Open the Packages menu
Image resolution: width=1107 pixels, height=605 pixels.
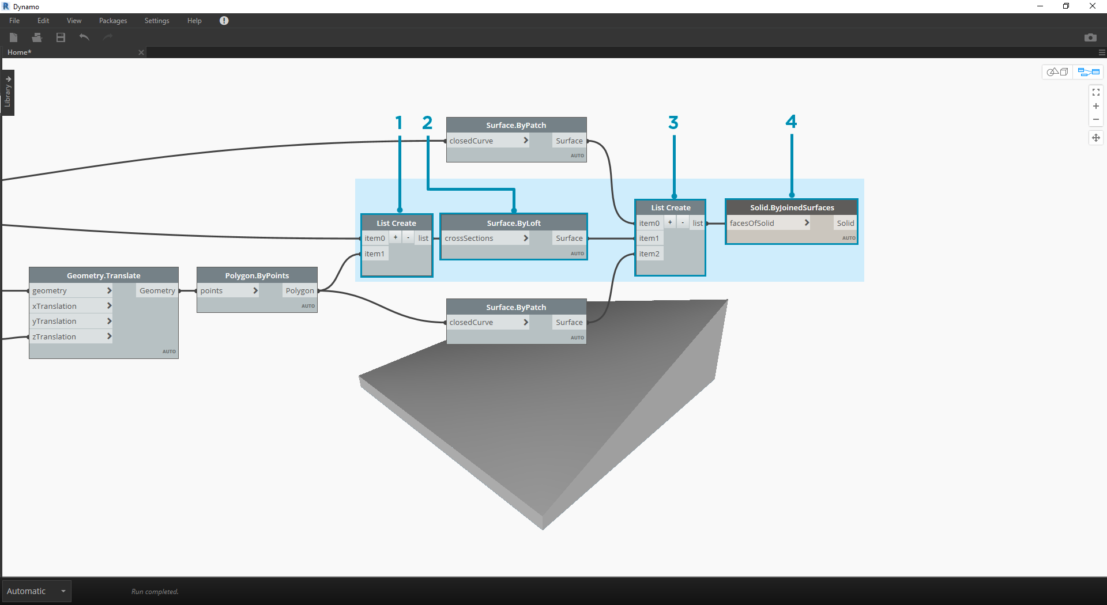[x=112, y=21]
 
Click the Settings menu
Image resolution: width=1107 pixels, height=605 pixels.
[x=156, y=21]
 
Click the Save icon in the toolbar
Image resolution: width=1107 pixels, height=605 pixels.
[x=61, y=37]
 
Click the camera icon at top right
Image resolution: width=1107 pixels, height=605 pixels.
[x=1090, y=37]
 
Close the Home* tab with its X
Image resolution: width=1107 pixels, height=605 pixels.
[x=141, y=52]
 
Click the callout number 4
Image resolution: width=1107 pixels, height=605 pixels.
[x=791, y=122]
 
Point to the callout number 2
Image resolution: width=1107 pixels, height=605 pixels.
[x=427, y=123]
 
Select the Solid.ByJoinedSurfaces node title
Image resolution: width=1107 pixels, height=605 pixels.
[x=792, y=207]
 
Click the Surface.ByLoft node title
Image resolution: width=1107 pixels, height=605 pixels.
[x=513, y=223]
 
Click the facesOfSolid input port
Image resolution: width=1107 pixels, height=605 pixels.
[x=752, y=223]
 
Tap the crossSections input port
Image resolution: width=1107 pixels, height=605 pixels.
[x=469, y=238]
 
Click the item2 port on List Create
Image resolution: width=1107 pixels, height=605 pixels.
[x=649, y=254]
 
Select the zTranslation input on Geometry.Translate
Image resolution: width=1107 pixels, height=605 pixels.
[x=54, y=336]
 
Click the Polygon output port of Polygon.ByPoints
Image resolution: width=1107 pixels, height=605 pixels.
[x=300, y=290]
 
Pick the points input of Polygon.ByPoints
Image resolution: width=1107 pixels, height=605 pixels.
[x=212, y=290]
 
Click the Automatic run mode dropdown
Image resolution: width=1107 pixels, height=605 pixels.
[x=36, y=591]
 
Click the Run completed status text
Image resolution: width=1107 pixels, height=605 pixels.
[x=155, y=592]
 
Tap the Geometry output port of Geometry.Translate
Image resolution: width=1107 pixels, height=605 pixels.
[x=157, y=290]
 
